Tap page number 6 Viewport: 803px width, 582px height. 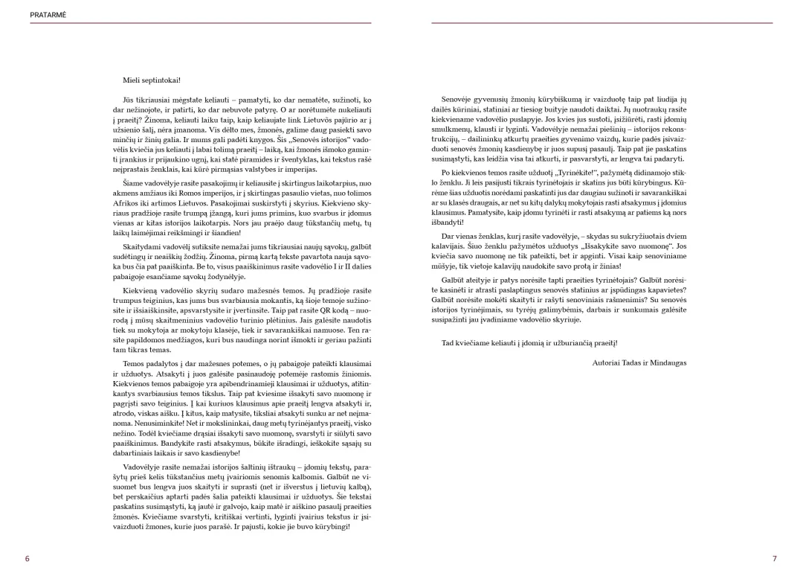[x=28, y=558]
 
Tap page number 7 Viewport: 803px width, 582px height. [x=774, y=558]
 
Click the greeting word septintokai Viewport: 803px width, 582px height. [x=161, y=80]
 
